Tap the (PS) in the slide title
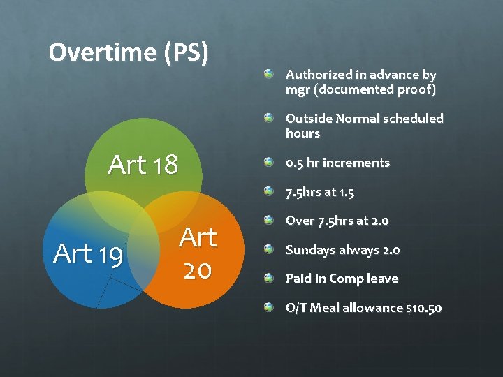[x=187, y=53]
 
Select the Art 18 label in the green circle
[x=143, y=165]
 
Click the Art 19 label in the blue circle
[x=88, y=253]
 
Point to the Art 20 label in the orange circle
[x=198, y=253]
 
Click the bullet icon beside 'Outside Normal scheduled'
[x=269, y=118]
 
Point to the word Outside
[x=308, y=119]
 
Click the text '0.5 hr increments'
[x=337, y=163]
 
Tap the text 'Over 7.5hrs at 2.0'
[x=337, y=221]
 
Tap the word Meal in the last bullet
[x=323, y=308]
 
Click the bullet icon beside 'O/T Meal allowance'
[x=269, y=307]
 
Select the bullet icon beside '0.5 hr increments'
[x=269, y=162]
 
